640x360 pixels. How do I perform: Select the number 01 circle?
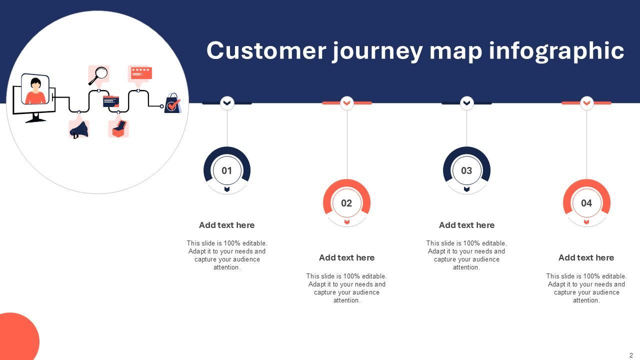tap(227, 170)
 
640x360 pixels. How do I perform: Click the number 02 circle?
tap(346, 203)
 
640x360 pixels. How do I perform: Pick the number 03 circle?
tap(466, 170)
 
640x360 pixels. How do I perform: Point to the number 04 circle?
tap(586, 203)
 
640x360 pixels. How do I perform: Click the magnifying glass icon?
tap(99, 74)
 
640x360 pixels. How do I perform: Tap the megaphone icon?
tap(79, 129)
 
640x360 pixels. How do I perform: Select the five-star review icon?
tap(140, 73)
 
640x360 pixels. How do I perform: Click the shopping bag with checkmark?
tap(173, 103)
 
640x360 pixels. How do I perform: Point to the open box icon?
tap(118, 128)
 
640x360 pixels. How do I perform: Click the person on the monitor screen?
tap(35, 91)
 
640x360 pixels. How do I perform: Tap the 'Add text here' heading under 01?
tap(227, 225)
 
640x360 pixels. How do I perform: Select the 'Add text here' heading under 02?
tap(346, 257)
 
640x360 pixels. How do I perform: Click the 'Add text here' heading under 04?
tap(586, 257)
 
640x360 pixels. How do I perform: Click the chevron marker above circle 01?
tap(227, 103)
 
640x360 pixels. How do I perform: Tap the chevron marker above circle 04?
tap(586, 103)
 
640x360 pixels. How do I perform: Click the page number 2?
tap(631, 355)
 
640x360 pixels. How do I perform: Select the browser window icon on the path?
tap(111, 101)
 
